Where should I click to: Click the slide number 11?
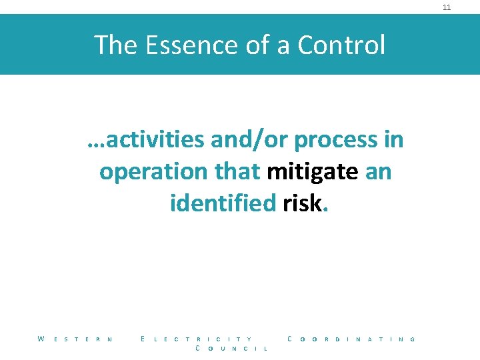pyautogui.click(x=447, y=7)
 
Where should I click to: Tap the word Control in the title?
pyautogui.click(x=341, y=45)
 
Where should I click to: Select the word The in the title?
pyautogui.click(x=115, y=45)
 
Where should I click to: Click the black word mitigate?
pyautogui.click(x=312, y=172)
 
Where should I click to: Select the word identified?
pyautogui.click(x=223, y=203)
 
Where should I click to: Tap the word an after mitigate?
pyautogui.click(x=378, y=172)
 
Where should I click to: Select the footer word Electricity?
pyautogui.click(x=197, y=339)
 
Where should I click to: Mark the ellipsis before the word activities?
pyautogui.click(x=95, y=144)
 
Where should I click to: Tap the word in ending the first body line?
pyautogui.click(x=393, y=140)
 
